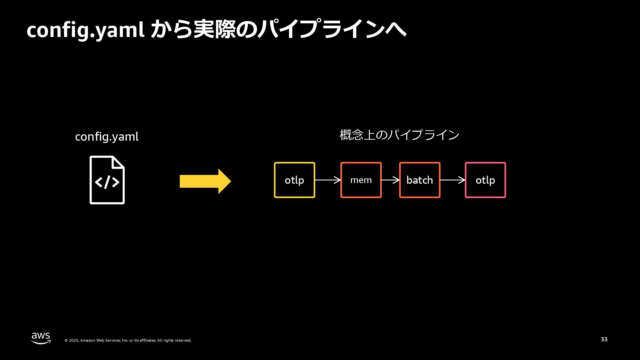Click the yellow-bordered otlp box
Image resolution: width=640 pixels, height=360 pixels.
click(x=294, y=180)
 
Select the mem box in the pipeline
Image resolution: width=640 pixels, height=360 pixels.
click(x=361, y=180)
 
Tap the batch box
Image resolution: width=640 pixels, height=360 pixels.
click(x=420, y=180)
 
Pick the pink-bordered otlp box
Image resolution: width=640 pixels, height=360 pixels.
click(x=485, y=180)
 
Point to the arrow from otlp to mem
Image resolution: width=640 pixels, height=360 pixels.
click(x=328, y=180)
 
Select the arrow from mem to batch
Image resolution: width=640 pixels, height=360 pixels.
click(x=390, y=180)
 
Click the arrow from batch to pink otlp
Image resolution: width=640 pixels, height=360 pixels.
click(x=453, y=180)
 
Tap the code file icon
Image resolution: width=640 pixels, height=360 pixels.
click(x=107, y=180)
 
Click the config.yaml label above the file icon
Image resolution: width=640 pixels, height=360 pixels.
click(x=107, y=137)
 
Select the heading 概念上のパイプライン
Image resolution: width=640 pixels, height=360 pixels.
click(x=399, y=135)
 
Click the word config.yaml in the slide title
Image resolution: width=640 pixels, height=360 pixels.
click(x=85, y=30)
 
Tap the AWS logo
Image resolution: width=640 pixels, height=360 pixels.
click(x=41, y=338)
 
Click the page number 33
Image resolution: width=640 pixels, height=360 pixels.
click(x=604, y=339)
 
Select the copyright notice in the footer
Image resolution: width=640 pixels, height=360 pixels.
click(x=128, y=340)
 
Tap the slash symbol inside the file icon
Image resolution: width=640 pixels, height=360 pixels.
click(x=107, y=182)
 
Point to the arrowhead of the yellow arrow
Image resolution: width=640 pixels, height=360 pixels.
click(x=225, y=181)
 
